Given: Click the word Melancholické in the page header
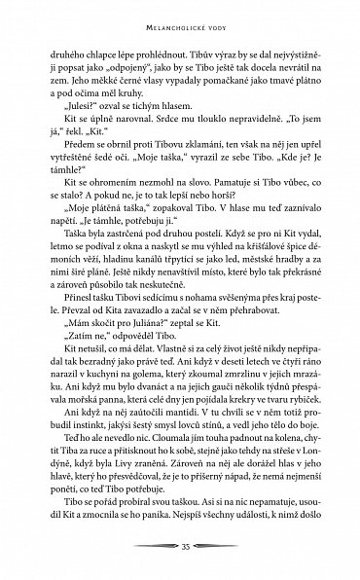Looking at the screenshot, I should [x=161, y=13].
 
